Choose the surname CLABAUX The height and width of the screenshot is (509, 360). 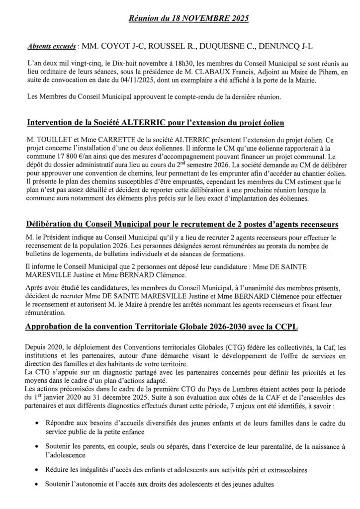tap(205, 72)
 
